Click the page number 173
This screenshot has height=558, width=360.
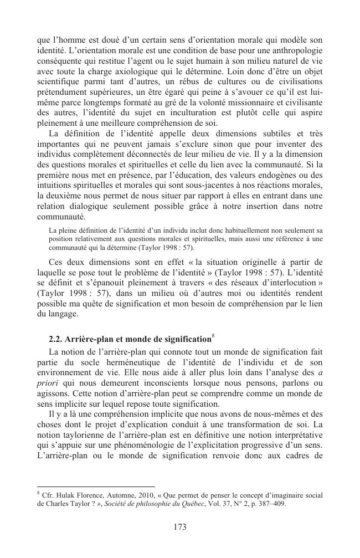179,527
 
